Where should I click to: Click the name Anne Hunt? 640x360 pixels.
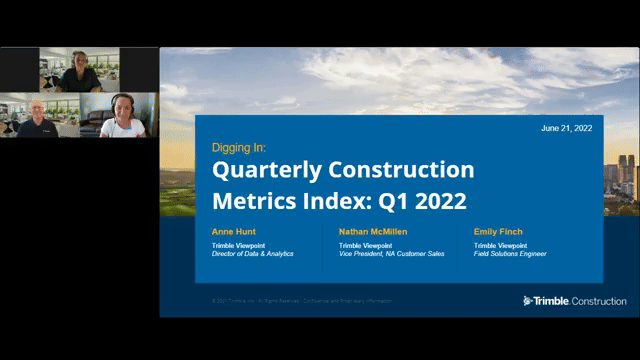(233, 232)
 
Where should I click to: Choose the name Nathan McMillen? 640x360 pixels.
(373, 232)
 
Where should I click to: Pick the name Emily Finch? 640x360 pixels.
(498, 232)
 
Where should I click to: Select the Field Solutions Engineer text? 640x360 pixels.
(510, 254)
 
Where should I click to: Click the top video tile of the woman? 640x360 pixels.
(79, 69)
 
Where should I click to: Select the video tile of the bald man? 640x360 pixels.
(39, 115)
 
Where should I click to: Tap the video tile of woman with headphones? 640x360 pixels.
(119, 115)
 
